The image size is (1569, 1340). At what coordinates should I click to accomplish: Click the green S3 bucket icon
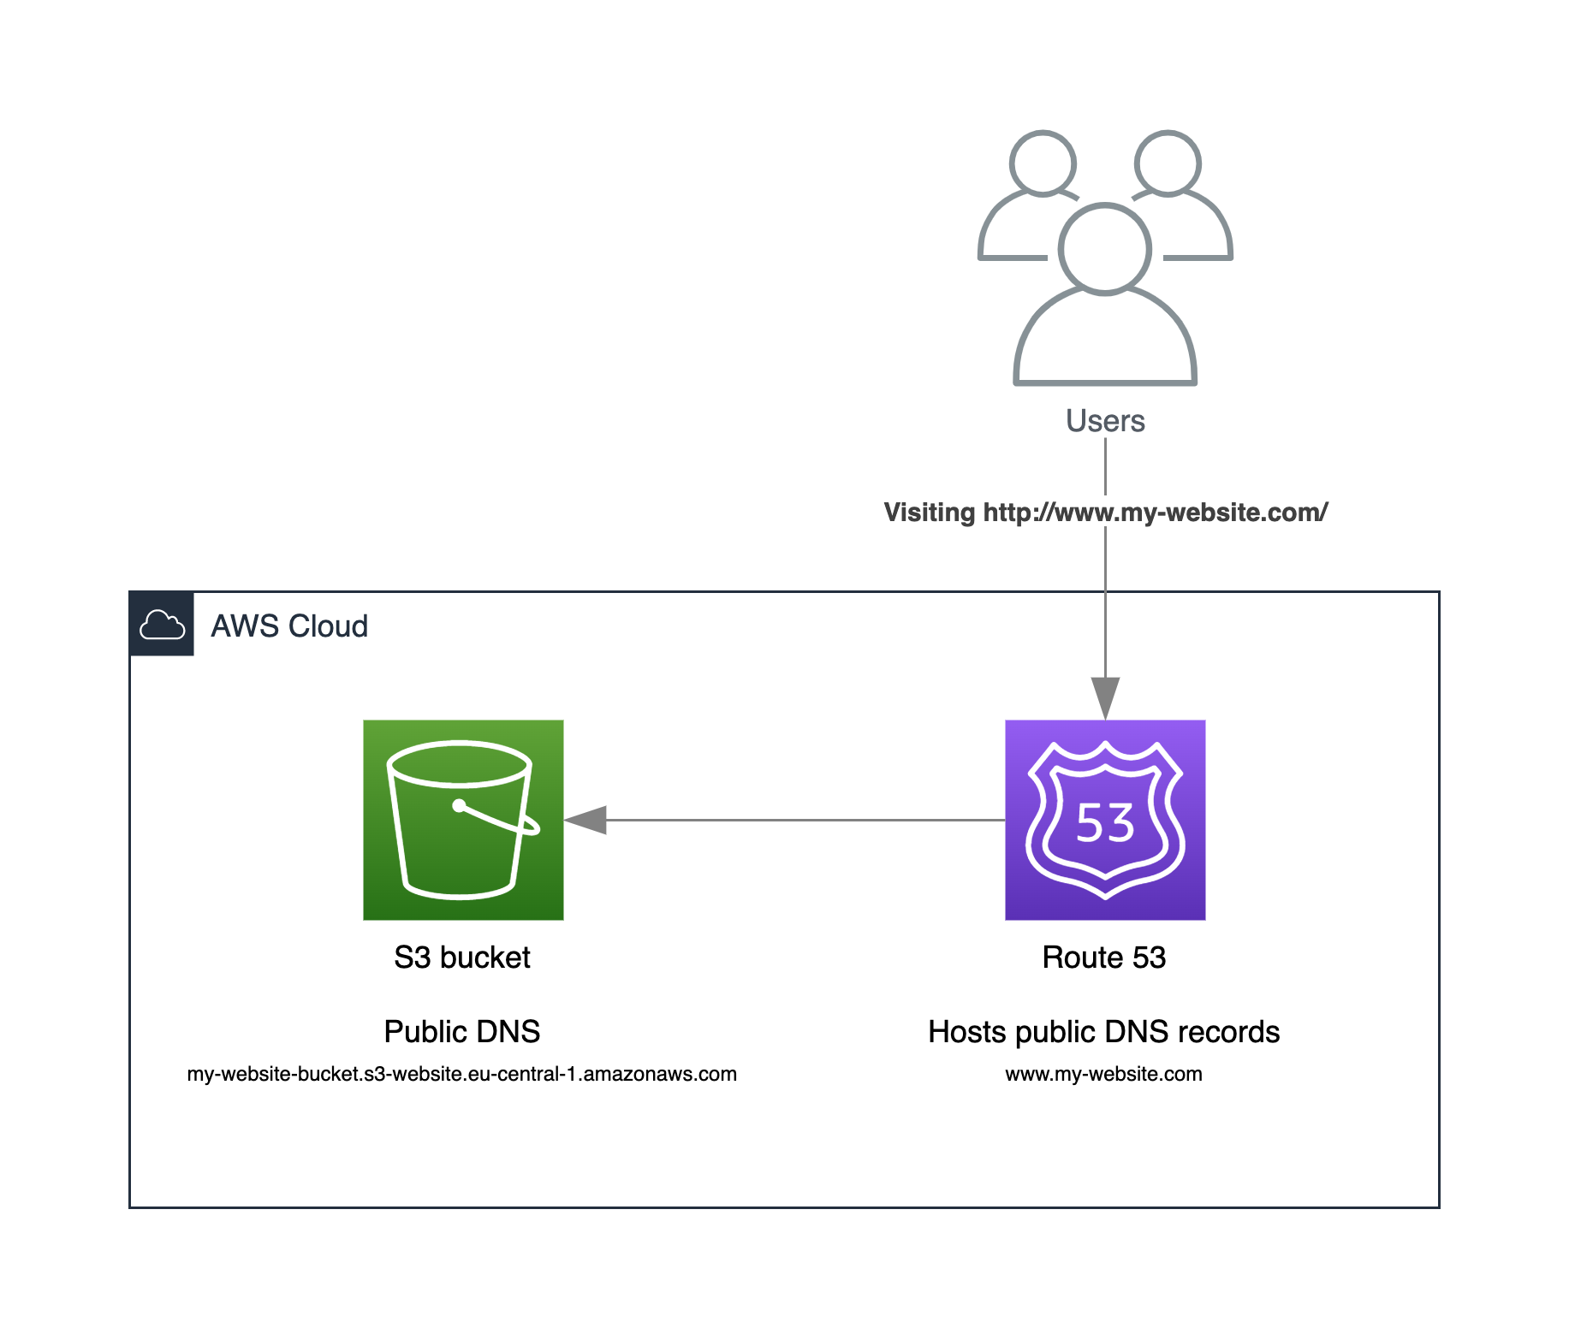(x=463, y=820)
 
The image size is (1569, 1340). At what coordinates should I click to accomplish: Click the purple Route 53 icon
(x=1104, y=820)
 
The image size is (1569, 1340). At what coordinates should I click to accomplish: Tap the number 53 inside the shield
(x=1104, y=823)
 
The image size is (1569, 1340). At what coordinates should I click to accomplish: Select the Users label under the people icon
(x=1104, y=421)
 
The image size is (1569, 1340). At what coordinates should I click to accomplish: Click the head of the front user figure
(x=1104, y=249)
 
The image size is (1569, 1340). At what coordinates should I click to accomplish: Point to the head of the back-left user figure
(x=1042, y=163)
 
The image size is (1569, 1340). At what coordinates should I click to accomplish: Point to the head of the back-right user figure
(x=1167, y=163)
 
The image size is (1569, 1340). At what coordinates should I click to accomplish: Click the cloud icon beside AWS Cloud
(x=162, y=625)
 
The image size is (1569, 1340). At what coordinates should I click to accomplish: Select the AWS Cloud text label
(x=289, y=626)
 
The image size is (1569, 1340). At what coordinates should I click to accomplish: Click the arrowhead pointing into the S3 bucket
(x=586, y=820)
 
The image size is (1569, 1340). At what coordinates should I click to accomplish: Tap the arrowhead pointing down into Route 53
(x=1104, y=697)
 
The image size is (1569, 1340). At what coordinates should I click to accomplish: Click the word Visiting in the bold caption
(x=929, y=513)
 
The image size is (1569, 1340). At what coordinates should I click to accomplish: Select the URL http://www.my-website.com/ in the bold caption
(x=1155, y=513)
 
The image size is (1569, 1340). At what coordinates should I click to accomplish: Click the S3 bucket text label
(x=462, y=958)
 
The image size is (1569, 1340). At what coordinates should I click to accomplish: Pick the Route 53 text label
(x=1103, y=958)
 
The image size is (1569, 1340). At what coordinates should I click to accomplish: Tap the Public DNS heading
(x=462, y=1032)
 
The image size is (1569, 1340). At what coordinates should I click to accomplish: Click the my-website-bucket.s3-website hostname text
(x=462, y=1074)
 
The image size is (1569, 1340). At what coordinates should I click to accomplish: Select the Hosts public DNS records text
(x=1103, y=1032)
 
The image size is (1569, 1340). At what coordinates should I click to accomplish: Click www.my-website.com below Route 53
(x=1103, y=1074)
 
